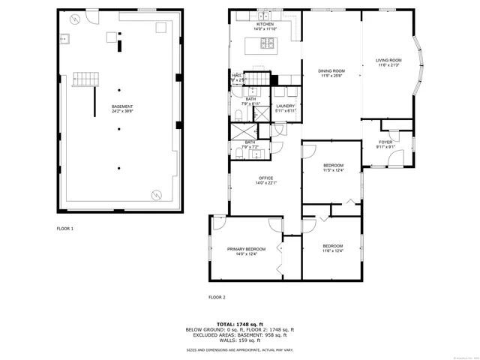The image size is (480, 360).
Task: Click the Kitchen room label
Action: (x=265, y=24)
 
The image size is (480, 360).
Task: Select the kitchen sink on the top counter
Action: (x=265, y=15)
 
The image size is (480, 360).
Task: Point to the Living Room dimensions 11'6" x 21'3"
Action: (x=388, y=65)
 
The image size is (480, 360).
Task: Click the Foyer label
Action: (x=385, y=142)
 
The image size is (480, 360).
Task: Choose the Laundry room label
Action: (x=285, y=106)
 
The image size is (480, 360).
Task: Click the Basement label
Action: (x=122, y=106)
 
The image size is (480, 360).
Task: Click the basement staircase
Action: (x=85, y=79)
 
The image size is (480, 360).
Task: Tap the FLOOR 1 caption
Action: (x=65, y=228)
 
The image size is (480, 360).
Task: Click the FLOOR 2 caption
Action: (x=217, y=298)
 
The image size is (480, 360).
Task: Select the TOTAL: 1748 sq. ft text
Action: (x=240, y=324)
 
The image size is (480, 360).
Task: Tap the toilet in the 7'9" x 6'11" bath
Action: (x=238, y=115)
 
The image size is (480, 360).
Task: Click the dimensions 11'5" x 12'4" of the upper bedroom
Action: (x=333, y=170)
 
